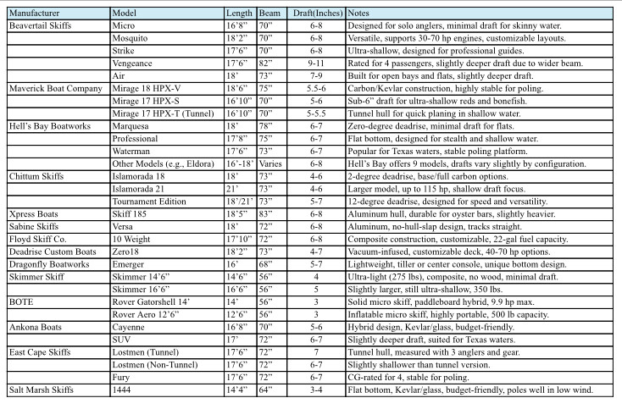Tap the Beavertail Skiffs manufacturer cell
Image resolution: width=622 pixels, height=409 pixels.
(42, 26)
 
